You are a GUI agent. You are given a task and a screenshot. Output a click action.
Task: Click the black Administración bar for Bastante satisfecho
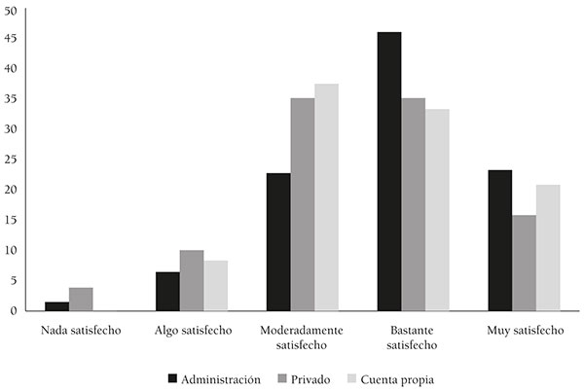coord(388,171)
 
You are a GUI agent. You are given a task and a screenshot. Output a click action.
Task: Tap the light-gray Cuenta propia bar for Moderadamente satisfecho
coord(326,197)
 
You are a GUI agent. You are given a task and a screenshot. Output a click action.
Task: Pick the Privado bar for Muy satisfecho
coord(524,263)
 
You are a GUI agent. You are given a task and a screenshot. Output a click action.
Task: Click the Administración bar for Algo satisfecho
coord(167,292)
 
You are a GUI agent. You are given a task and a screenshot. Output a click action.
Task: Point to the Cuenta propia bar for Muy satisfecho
coord(548,248)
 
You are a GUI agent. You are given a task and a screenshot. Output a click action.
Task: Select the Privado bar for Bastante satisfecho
coord(413,204)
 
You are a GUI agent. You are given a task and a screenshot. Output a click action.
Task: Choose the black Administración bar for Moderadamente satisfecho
coord(278,242)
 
